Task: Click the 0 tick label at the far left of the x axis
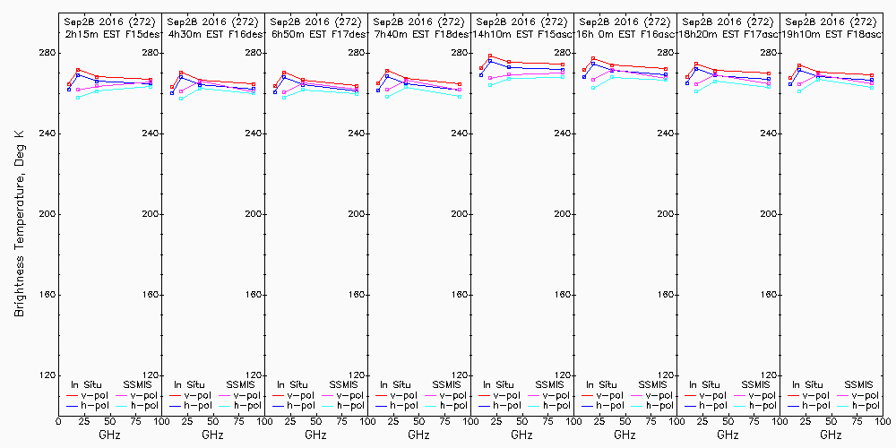pyautogui.click(x=58, y=421)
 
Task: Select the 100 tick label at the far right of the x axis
pyautogui.click(x=883, y=421)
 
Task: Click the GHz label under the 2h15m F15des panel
pyautogui.click(x=109, y=435)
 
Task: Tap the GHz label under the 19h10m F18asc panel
pyautogui.click(x=831, y=435)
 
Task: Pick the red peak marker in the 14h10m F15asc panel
pyautogui.click(x=490, y=56)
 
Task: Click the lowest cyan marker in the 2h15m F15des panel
pyautogui.click(x=78, y=97)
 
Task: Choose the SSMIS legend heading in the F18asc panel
pyautogui.click(x=859, y=384)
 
